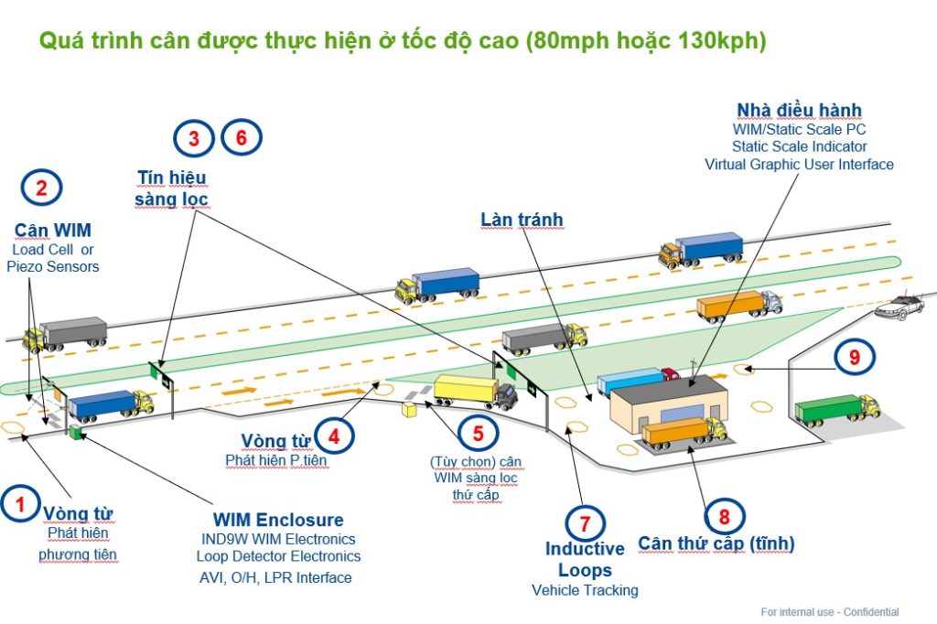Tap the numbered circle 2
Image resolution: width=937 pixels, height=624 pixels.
(41, 188)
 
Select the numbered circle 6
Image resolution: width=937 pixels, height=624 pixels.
(242, 137)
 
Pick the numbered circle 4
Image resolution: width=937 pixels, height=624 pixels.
(334, 437)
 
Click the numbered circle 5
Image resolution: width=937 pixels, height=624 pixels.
(478, 431)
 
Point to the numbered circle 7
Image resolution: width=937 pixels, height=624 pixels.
(585, 522)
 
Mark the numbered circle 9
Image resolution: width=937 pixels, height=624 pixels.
(855, 358)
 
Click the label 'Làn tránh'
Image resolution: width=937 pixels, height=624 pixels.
(522, 220)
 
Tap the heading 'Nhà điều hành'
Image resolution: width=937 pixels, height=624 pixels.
(799, 111)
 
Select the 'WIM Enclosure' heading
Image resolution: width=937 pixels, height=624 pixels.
(278, 521)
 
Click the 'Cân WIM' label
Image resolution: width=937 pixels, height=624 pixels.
(52, 230)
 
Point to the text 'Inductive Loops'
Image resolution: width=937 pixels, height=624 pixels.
(585, 560)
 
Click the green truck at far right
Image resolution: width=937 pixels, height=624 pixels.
(835, 409)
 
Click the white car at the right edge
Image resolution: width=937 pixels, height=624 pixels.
(901, 308)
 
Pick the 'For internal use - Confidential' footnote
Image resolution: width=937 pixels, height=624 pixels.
(829, 612)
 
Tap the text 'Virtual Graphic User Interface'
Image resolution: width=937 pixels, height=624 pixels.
(799, 165)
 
